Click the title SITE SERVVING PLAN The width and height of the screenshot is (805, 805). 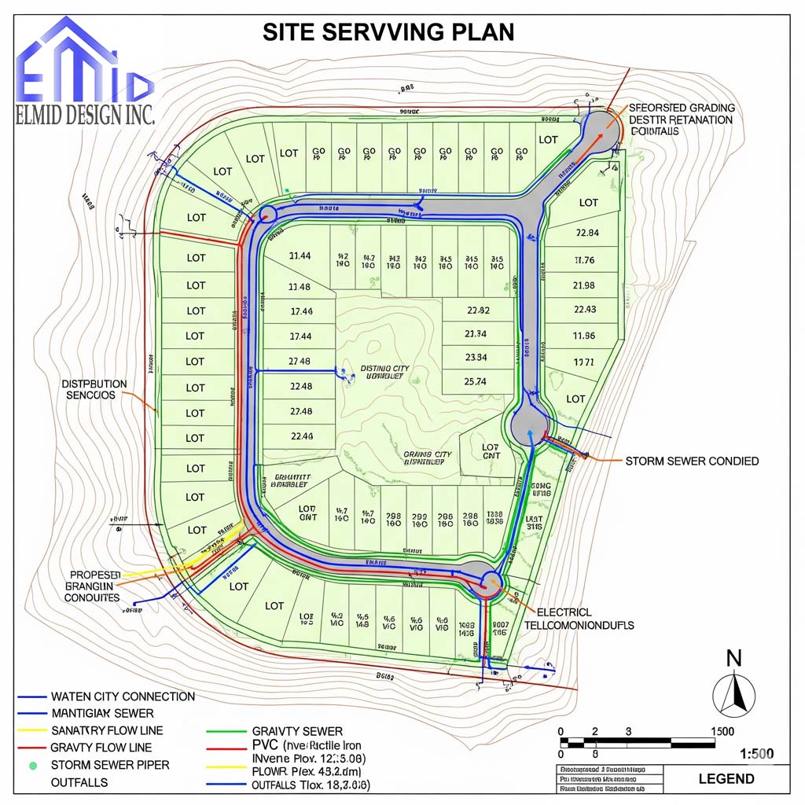[388, 31]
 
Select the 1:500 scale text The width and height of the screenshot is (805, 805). [757, 754]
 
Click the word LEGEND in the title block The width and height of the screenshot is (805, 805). [726, 779]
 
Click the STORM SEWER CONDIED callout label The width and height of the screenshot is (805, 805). [692, 461]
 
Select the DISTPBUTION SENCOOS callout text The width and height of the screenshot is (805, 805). [94, 389]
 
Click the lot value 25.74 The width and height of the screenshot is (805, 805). [476, 381]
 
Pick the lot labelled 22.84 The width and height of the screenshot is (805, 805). [587, 233]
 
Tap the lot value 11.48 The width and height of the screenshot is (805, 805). [300, 286]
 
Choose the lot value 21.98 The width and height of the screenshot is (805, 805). [584, 285]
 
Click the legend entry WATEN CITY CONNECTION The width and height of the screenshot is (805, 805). [123, 697]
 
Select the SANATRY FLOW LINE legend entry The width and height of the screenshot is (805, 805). [107, 730]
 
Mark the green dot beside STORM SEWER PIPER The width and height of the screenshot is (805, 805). [32, 764]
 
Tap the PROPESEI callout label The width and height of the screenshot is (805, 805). [95, 575]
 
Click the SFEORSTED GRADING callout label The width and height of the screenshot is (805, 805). [682, 108]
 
